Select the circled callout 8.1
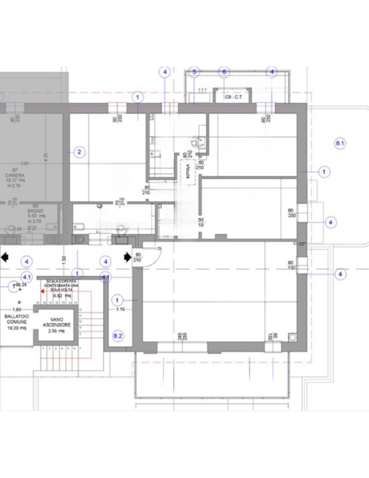(x=340, y=143)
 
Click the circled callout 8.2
(x=118, y=336)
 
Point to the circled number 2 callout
(x=79, y=152)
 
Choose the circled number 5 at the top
(x=194, y=72)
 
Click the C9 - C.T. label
(x=234, y=97)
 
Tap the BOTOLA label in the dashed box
(x=188, y=172)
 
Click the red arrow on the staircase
(x=42, y=290)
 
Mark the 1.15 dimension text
(x=120, y=310)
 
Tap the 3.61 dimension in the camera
(x=25, y=163)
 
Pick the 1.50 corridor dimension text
(x=64, y=259)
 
